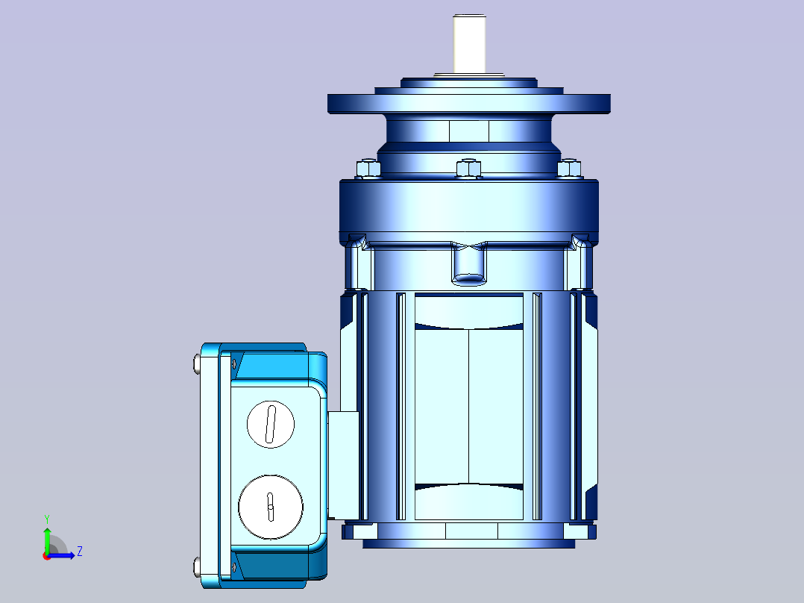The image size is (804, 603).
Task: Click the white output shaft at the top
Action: [x=469, y=43]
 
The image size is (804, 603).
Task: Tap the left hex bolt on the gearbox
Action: [x=368, y=169]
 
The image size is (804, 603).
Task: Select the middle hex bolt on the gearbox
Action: [x=468, y=169]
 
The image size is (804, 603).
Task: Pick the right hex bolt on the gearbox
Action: [x=569, y=169]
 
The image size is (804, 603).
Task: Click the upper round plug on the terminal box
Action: [x=271, y=425]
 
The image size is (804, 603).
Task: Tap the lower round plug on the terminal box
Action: [x=271, y=507]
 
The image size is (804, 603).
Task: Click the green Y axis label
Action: [x=47, y=519]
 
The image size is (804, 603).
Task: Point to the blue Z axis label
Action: [x=80, y=552]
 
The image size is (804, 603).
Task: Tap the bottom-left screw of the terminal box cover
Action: [x=197, y=567]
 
